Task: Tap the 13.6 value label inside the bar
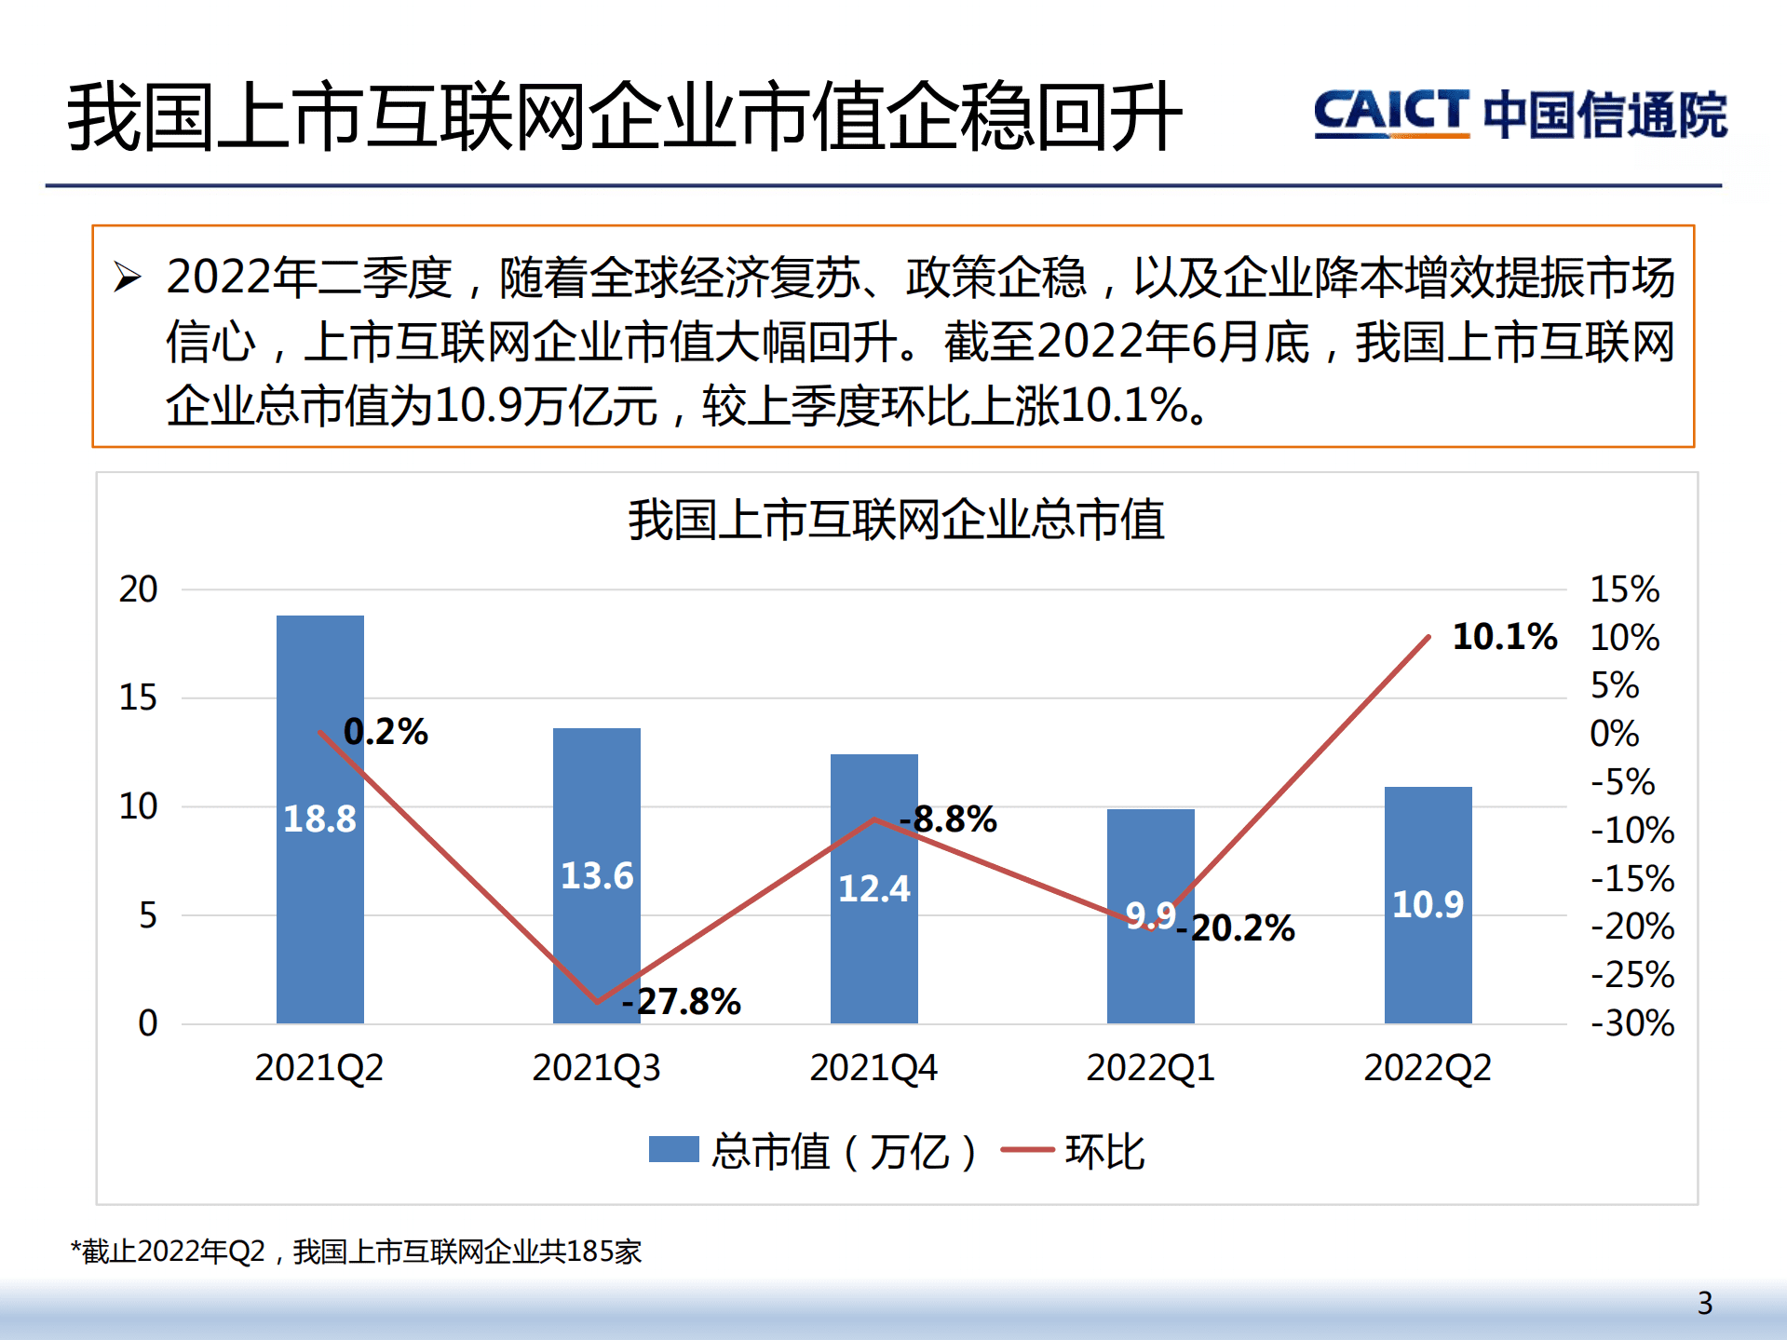597,876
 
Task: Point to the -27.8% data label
682,1002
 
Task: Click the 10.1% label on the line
1505,637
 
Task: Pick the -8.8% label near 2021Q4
949,819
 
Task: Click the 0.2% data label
386,732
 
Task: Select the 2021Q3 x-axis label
596,1068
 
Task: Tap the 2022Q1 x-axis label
1150,1068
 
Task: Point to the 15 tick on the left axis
138,697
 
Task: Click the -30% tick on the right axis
1631,1023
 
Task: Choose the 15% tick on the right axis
1624,589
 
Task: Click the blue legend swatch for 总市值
673,1150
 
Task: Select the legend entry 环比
1104,1152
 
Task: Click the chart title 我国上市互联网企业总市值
896,520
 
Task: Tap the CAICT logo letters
1391,114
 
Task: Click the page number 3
1704,1303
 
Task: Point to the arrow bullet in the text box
127,277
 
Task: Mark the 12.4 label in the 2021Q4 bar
873,888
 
